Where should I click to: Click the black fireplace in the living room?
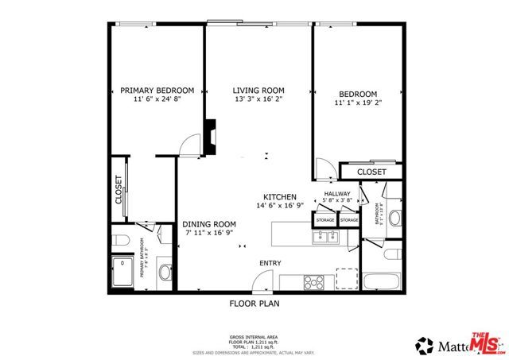point(210,137)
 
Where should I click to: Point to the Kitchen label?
point(281,196)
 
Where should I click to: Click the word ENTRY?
point(270,263)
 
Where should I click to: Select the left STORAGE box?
point(324,220)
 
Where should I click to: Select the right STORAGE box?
point(349,220)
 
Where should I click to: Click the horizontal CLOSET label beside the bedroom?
point(371,172)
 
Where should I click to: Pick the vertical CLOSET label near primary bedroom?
point(119,189)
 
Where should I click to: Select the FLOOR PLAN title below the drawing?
point(254,303)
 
